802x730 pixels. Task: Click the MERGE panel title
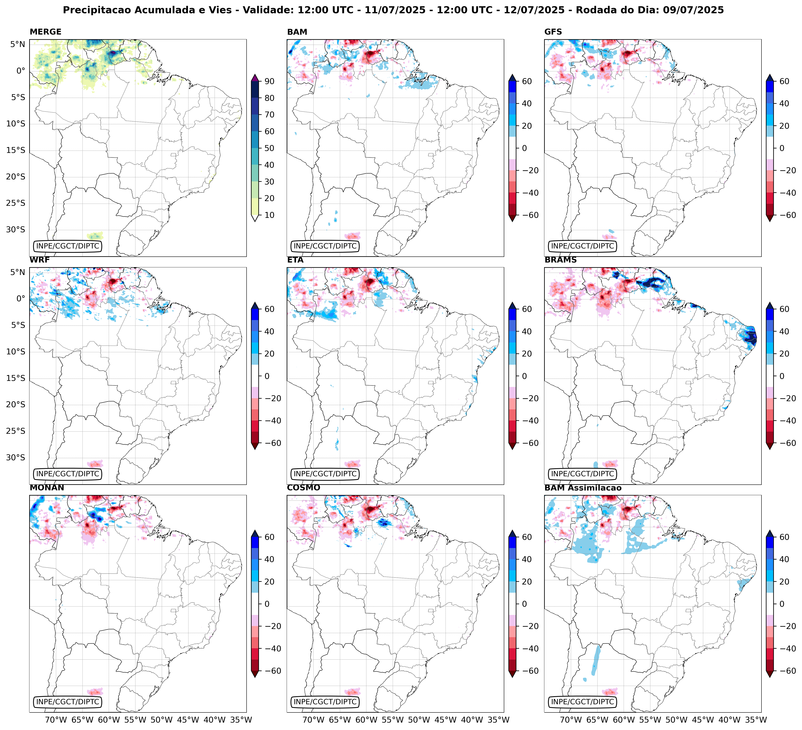coord(45,32)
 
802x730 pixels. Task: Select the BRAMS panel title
coord(561,260)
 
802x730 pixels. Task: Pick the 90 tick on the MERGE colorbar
coord(269,81)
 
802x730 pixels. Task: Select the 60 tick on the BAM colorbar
coord(527,81)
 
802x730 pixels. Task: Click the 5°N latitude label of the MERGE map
coord(18,44)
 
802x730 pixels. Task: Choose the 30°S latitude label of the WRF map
coord(15,457)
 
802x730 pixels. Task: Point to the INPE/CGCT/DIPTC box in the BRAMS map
coord(582,474)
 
